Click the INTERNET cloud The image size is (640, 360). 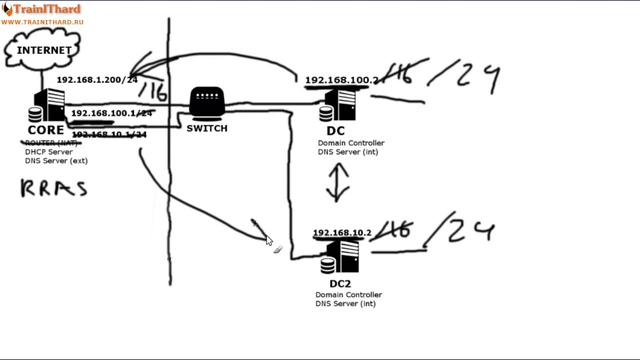click(x=43, y=50)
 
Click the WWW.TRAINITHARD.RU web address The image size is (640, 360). click(x=42, y=22)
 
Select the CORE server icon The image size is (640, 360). click(x=48, y=105)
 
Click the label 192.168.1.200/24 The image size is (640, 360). click(x=97, y=80)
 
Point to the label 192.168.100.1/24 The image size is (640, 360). click(x=111, y=113)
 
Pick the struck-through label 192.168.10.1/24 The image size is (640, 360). click(x=109, y=135)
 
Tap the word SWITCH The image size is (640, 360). click(x=207, y=128)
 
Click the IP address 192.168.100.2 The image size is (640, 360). click(x=341, y=80)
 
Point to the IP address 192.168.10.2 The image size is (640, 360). click(x=342, y=233)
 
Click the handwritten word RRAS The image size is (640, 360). click(x=54, y=188)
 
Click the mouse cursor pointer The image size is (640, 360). click(x=269, y=240)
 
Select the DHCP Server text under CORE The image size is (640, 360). click(x=49, y=152)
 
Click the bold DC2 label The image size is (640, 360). click(x=340, y=284)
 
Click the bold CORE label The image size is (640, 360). click(x=45, y=130)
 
